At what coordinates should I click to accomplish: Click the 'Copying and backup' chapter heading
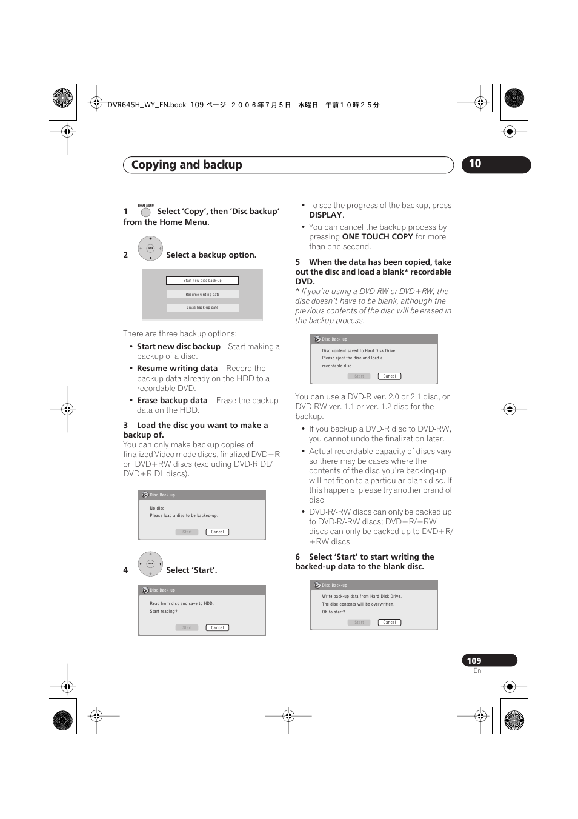(187, 165)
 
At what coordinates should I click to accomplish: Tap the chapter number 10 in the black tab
(475, 164)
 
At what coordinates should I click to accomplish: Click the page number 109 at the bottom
(474, 661)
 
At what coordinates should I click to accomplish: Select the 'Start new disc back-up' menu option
(202, 281)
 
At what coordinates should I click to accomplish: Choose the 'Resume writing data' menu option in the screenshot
(202, 295)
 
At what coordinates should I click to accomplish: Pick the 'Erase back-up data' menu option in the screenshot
(202, 307)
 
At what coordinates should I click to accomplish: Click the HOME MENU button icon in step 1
(145, 212)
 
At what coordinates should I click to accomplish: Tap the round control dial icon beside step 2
(150, 249)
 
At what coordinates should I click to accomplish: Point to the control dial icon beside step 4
(150, 564)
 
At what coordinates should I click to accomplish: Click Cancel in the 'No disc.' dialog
(218, 532)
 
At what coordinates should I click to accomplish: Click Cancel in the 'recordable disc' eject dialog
(390, 376)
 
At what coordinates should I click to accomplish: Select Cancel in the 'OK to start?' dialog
(390, 623)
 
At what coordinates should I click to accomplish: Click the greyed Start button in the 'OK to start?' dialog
(359, 623)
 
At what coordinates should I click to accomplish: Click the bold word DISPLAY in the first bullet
(325, 215)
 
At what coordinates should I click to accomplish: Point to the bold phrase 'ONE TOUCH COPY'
(377, 237)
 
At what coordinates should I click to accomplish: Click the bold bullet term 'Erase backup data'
(172, 401)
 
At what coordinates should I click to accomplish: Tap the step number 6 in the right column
(297, 557)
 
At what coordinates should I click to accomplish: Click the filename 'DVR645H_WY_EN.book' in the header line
(147, 105)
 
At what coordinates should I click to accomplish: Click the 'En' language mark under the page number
(477, 671)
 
